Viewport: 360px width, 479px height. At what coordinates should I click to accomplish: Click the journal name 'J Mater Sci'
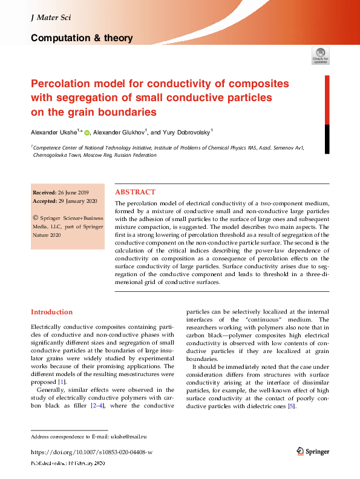(x=50, y=18)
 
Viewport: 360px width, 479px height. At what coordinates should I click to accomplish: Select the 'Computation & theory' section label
(x=82, y=38)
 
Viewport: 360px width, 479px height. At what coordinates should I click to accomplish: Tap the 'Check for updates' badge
(x=320, y=56)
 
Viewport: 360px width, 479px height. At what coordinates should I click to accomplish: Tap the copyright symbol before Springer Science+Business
(x=36, y=217)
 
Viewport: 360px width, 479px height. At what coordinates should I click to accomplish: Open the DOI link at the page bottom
(x=91, y=452)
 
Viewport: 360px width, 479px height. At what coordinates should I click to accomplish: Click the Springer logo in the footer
(x=313, y=451)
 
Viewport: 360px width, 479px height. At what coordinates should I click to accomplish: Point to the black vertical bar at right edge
(x=328, y=139)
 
